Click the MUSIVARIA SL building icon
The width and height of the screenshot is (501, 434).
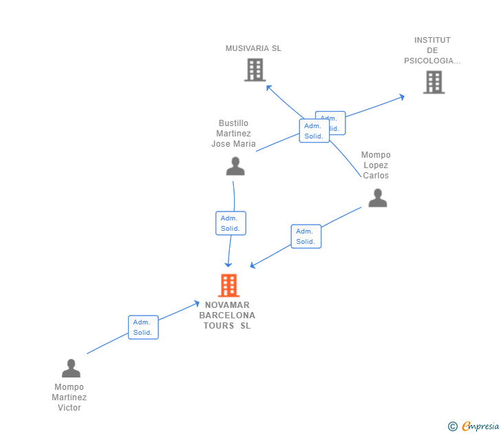pos(255,70)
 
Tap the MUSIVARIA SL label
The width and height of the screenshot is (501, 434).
pos(253,48)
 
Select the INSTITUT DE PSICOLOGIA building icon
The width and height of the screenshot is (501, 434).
pos(434,82)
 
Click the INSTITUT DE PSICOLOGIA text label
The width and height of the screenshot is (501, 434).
pos(432,50)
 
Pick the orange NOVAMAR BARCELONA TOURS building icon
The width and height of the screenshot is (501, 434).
pos(228,285)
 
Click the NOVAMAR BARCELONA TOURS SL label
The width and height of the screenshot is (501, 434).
pos(227,315)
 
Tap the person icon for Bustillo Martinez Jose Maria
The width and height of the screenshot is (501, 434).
pos(235,166)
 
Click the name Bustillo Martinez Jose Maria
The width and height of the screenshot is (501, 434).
pos(233,134)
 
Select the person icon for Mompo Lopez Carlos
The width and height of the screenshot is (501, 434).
pos(377,198)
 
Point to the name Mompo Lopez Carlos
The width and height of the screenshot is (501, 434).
pos(376,165)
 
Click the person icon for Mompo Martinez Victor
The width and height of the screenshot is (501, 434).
pos(71,369)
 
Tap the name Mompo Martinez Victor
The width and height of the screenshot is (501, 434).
pos(70,397)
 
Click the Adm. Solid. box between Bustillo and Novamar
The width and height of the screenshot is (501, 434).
pos(231,223)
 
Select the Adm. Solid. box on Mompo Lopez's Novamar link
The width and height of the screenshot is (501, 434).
pos(306,236)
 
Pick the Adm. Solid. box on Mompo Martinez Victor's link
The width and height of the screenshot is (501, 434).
pos(143,327)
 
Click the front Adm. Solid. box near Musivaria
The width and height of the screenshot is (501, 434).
pos(314,131)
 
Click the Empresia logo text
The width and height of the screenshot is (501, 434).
pos(480,426)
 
